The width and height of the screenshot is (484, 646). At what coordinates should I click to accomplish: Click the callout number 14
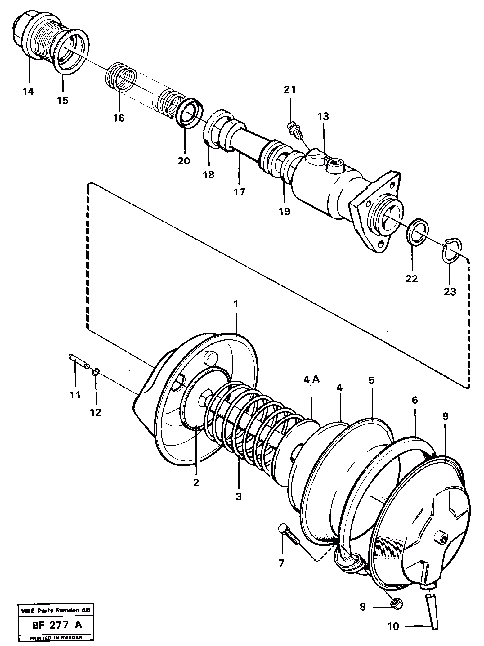pyautogui.click(x=28, y=92)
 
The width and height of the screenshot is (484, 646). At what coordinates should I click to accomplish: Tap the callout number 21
pyautogui.click(x=289, y=90)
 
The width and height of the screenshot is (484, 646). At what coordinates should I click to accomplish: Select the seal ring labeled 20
pyautogui.click(x=189, y=113)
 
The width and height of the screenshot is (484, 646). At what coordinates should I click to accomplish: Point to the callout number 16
pyautogui.click(x=119, y=118)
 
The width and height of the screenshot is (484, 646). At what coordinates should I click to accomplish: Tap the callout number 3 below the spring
pyautogui.click(x=238, y=496)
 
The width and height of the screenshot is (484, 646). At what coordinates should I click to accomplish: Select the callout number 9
pyautogui.click(x=445, y=417)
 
